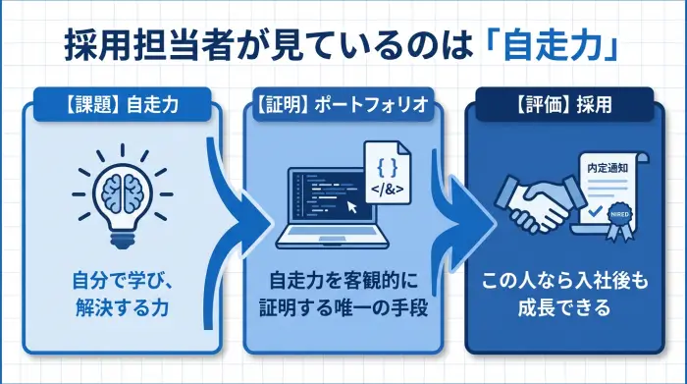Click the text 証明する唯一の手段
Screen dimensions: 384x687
click(342, 307)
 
